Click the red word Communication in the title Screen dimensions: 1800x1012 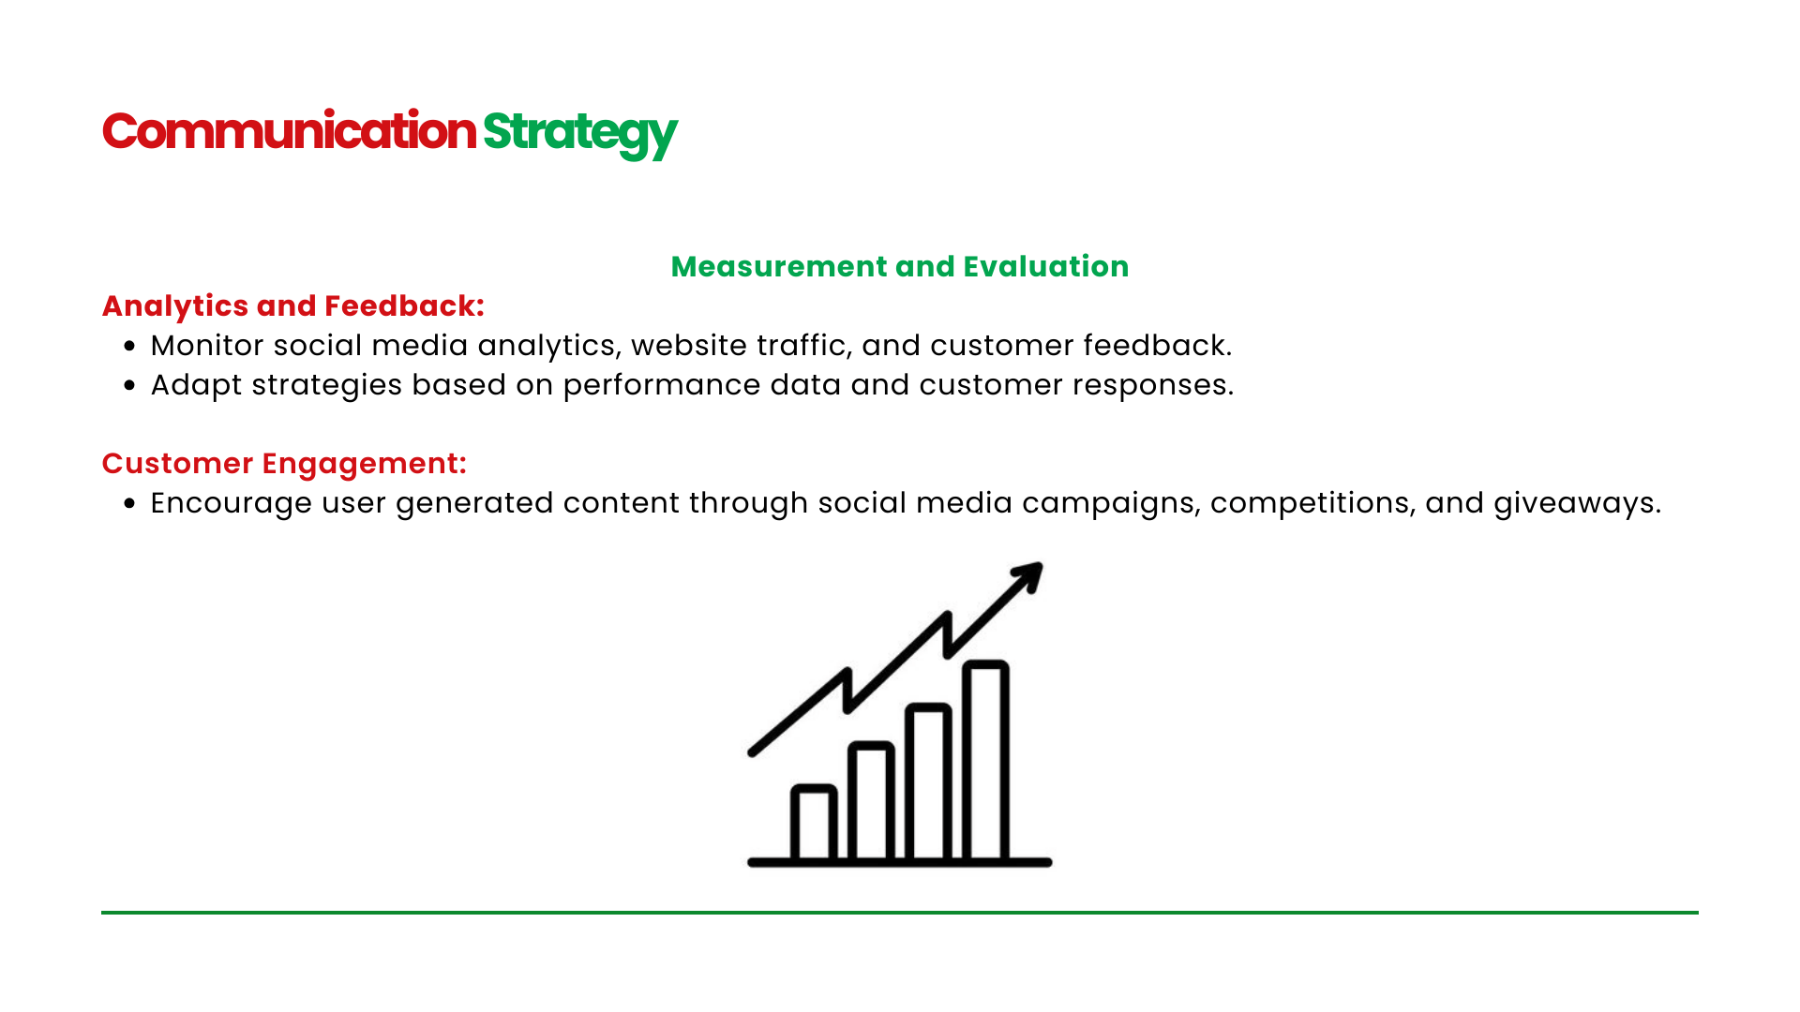pos(289,130)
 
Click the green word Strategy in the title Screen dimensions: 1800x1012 pos(579,133)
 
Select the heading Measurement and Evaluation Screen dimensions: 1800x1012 pos(900,266)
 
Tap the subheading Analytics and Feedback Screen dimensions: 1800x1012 pos(293,306)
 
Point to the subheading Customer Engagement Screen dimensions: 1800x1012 pos(284,464)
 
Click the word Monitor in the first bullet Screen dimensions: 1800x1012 pos(207,346)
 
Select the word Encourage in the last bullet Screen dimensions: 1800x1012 pos(232,504)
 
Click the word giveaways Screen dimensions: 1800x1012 pos(1577,504)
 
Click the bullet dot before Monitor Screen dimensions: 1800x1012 pos(129,346)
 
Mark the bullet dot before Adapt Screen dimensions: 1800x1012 pos(129,385)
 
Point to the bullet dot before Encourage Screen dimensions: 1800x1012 pos(129,503)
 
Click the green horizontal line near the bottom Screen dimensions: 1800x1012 pos(900,912)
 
